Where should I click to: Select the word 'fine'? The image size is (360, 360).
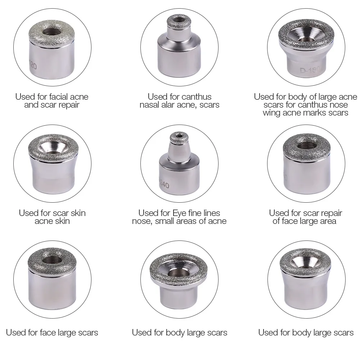coord(197,213)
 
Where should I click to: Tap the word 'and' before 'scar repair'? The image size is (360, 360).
coord(31,105)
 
